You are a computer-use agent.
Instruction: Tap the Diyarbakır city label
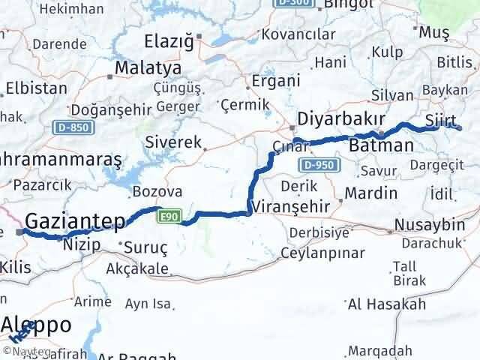341,119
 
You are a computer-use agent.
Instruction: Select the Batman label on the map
382,145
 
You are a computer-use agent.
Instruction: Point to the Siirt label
440,120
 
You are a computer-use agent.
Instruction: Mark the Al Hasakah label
387,304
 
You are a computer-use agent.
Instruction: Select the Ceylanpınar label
322,253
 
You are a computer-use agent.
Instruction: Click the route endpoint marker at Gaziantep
20,232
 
